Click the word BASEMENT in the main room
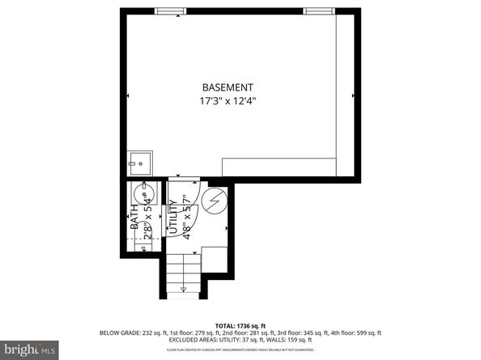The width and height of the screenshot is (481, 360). (x=228, y=87)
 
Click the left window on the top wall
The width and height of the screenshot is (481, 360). (x=169, y=11)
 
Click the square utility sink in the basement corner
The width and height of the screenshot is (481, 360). (x=140, y=163)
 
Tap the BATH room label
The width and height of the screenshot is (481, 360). (x=134, y=218)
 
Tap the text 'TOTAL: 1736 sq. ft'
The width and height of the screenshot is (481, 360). (x=240, y=323)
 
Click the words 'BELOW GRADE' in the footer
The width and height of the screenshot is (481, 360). (x=118, y=332)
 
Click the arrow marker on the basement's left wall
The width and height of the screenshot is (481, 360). (x=128, y=95)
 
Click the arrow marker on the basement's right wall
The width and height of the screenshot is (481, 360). (x=353, y=95)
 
